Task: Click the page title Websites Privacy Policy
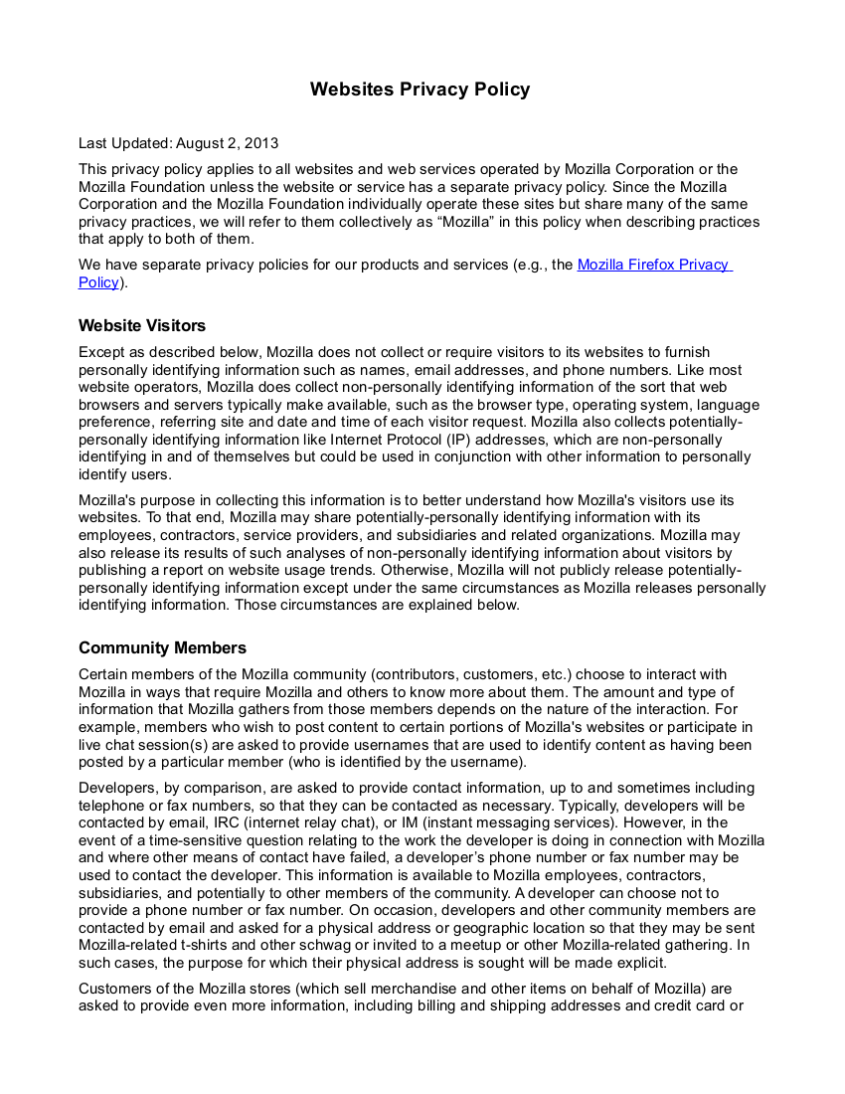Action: pyautogui.click(x=420, y=90)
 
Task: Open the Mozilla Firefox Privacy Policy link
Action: pyautogui.click(x=653, y=265)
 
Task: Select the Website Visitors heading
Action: pyautogui.click(x=142, y=325)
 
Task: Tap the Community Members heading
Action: pyautogui.click(x=162, y=647)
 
